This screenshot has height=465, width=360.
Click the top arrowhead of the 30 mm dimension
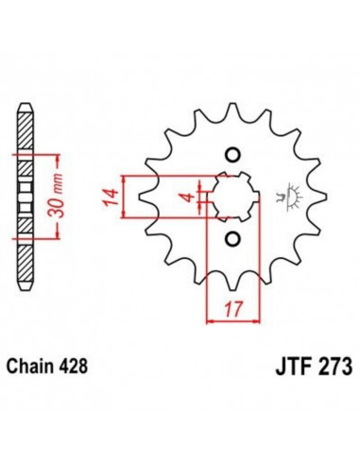click(44, 154)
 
